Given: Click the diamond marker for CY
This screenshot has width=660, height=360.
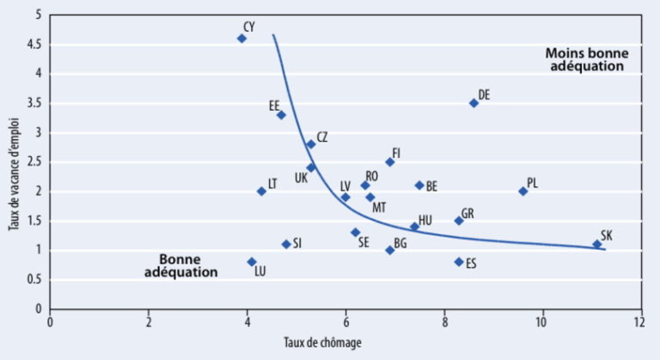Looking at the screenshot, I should point(241,38).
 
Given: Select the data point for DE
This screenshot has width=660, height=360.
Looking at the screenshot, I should point(474,103).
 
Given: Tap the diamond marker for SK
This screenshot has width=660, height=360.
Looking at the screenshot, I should point(597,244).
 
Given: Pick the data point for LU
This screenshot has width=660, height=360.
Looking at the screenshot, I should point(252,261).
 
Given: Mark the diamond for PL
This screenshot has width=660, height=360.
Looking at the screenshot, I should point(522,191).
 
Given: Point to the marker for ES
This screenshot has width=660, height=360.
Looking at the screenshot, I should point(459,261).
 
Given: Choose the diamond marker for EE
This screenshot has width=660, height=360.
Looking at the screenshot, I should point(281,115).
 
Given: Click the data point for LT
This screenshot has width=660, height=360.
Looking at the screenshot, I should point(261,191).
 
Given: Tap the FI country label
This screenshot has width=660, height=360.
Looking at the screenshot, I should point(396,153).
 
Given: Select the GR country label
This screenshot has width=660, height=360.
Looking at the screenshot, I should point(467,213).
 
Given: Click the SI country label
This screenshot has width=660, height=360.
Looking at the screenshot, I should point(297,243).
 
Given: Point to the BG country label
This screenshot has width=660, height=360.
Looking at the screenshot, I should point(400,243).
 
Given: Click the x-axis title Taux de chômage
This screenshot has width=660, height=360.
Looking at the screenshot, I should point(322,343).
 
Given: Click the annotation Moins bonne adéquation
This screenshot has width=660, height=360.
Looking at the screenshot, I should point(587,59).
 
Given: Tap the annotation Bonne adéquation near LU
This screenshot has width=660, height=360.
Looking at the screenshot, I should point(188,265).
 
